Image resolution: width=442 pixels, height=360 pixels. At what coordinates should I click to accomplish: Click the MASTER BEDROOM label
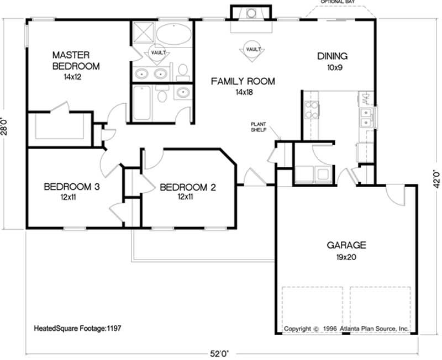click(76, 61)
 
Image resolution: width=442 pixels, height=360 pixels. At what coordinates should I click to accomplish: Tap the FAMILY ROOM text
click(243, 82)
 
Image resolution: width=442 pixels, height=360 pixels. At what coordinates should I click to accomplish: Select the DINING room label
click(332, 56)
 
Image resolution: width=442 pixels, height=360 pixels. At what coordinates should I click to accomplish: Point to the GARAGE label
click(346, 246)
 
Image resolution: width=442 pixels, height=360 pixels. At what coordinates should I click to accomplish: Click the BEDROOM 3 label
click(72, 187)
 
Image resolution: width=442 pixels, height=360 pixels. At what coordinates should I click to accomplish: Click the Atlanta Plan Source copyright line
click(346, 329)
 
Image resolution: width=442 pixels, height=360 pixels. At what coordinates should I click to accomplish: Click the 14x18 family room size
click(243, 92)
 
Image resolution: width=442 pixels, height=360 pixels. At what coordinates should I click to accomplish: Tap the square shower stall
click(143, 33)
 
